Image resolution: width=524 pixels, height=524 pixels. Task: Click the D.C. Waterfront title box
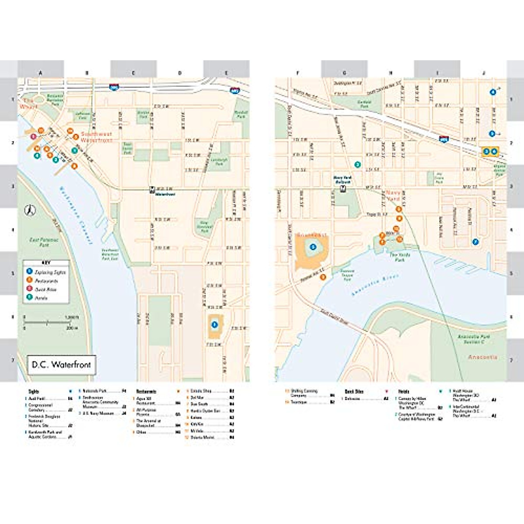[x=61, y=365]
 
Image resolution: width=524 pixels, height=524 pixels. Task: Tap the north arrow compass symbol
[x=29, y=210]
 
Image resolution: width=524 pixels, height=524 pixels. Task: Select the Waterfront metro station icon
[x=152, y=189]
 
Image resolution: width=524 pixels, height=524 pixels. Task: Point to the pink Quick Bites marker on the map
[x=33, y=137]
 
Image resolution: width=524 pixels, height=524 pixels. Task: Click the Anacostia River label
[x=369, y=286]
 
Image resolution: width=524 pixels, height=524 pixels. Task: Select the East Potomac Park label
[x=44, y=242]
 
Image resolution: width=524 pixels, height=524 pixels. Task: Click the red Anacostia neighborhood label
[x=483, y=357]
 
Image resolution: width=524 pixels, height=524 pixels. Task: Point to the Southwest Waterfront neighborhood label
[x=96, y=137]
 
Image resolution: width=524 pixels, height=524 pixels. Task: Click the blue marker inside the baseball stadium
[x=313, y=247]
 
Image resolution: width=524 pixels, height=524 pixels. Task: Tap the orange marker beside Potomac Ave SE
[x=323, y=277]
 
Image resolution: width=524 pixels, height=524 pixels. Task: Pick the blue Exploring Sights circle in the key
[x=29, y=272]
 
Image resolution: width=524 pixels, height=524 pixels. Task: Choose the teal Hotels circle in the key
[x=29, y=298]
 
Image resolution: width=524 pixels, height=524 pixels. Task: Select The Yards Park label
[x=397, y=257]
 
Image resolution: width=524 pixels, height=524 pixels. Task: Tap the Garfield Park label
[x=364, y=104]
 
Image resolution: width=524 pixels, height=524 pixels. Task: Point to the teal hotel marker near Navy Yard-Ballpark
[x=358, y=165]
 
